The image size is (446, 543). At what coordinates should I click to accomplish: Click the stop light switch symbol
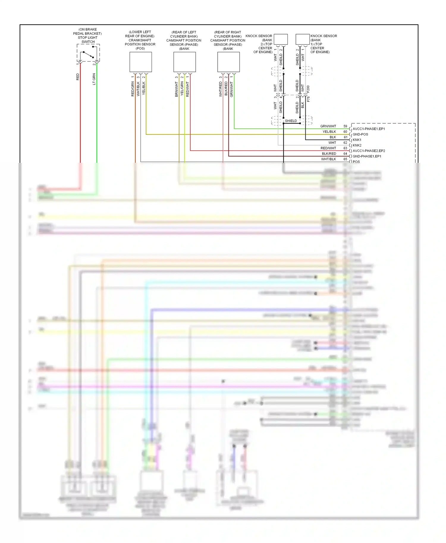[x=88, y=53]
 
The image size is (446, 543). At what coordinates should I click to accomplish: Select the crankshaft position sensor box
[x=141, y=62]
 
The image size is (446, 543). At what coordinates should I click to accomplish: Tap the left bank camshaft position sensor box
[x=185, y=62]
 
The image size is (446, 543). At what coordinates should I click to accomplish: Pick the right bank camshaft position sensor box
[x=229, y=62]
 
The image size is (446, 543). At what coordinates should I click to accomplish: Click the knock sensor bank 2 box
[x=281, y=40]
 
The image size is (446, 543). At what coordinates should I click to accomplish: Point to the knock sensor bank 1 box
[x=302, y=40]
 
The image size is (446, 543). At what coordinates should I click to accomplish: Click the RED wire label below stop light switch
[x=78, y=77]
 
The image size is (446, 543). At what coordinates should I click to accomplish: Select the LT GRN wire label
[x=94, y=79]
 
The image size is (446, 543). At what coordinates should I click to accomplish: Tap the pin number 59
[x=345, y=126]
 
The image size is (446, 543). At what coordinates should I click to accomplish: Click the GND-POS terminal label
[x=360, y=134]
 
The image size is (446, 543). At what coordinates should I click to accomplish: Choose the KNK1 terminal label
[x=357, y=140]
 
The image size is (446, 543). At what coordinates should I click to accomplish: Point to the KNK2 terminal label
[x=357, y=145]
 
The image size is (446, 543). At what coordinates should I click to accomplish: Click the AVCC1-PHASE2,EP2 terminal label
[x=369, y=151]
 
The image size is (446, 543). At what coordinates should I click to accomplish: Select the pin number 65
[x=345, y=159]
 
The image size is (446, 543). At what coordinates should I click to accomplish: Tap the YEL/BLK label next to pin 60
[x=329, y=132]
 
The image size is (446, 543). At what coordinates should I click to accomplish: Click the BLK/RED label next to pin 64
[x=329, y=154]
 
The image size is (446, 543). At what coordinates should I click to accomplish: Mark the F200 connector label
[x=308, y=89]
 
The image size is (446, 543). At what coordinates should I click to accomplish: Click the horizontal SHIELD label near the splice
[x=291, y=121]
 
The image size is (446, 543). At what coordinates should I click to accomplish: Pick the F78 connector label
[x=308, y=99]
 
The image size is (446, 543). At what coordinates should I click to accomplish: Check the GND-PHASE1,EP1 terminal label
[x=367, y=156]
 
